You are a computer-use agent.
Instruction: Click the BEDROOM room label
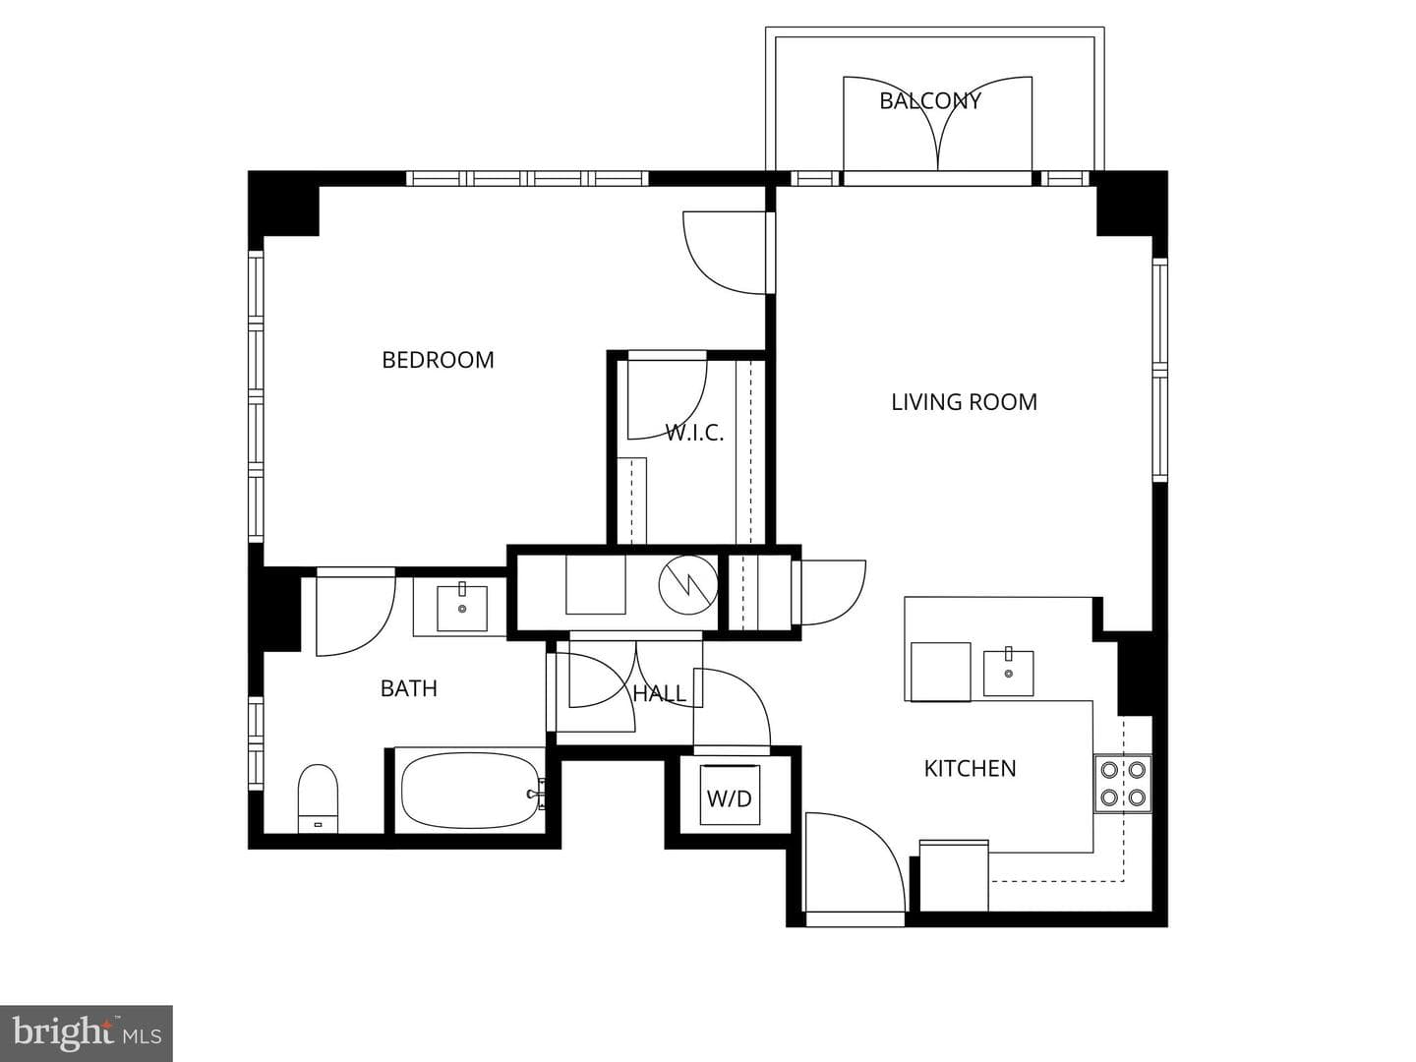pos(438,360)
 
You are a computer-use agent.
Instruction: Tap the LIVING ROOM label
pos(964,402)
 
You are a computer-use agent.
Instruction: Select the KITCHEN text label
pos(970,769)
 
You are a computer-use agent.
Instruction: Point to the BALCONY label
pos(930,101)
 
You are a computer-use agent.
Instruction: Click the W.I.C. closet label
pos(694,433)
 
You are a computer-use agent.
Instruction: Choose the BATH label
pos(409,688)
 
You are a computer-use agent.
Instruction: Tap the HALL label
pos(659,694)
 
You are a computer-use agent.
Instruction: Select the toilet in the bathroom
pos(318,798)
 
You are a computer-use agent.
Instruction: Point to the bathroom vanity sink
pos(462,608)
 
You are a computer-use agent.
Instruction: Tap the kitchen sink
pos(1008,674)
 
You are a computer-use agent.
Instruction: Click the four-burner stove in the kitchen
pos(1123,784)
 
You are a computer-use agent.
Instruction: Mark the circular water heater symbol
pos(688,585)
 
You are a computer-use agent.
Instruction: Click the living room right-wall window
pos(1160,370)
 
